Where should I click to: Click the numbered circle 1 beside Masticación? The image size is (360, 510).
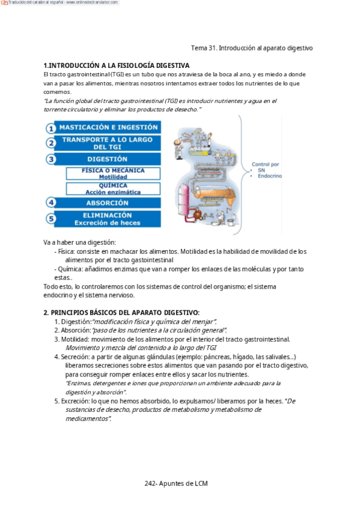tap(50, 128)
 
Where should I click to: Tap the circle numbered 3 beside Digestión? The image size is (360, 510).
tap(50, 159)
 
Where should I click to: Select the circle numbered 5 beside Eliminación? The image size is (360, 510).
tap(50, 218)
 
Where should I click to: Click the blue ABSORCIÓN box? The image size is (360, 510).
tap(108, 203)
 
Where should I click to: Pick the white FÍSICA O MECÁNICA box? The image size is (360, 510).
tap(113, 173)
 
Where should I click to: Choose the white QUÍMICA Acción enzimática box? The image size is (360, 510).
tap(113, 189)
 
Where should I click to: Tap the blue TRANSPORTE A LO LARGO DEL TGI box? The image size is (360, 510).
tap(108, 143)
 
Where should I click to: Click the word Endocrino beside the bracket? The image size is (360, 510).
tap(270, 176)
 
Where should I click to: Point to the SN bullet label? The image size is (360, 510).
tap(261, 170)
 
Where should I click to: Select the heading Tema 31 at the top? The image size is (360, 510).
tap(252, 48)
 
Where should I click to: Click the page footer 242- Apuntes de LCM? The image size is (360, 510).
tap(176, 484)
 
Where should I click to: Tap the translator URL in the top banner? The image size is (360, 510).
tap(93, 2)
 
